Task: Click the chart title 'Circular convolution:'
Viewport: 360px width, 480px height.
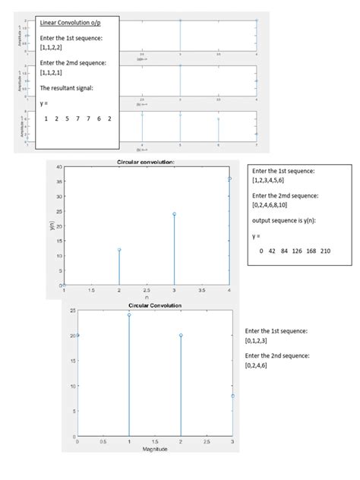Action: pos(147,162)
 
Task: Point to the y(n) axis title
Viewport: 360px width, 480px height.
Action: pos(51,226)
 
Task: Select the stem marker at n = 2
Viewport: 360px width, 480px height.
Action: pos(119,249)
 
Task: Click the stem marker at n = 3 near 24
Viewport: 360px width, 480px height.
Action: pos(174,214)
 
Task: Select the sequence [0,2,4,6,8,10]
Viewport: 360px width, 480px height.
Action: pos(274,207)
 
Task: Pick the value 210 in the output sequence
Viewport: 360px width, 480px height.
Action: pos(325,251)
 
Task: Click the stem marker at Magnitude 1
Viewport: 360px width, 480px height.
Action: pos(129,314)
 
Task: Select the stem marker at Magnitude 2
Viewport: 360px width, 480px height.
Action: pos(181,335)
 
